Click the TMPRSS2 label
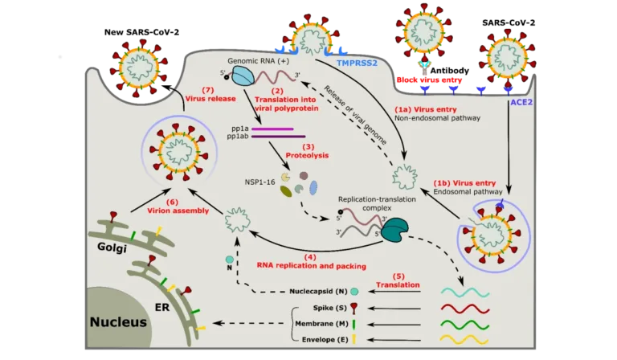[355, 60]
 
